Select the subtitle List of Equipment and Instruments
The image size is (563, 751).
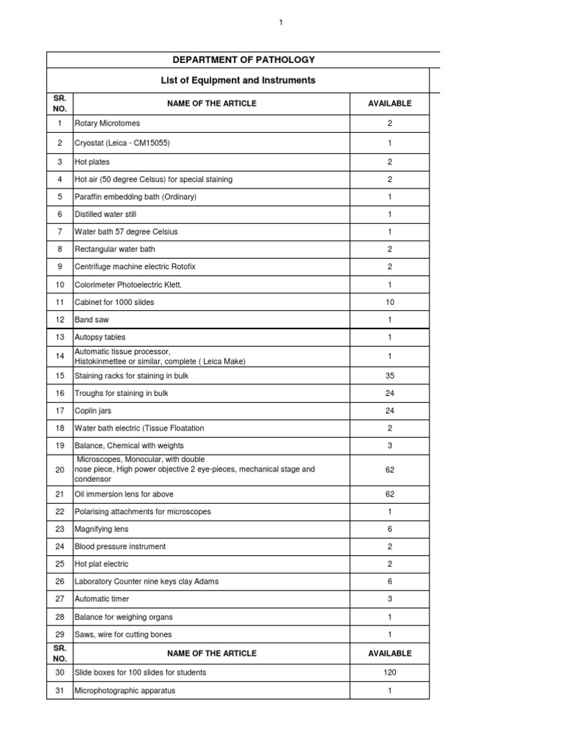click(x=238, y=80)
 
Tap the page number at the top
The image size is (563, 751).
click(x=281, y=23)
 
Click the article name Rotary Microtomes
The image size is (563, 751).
click(x=107, y=124)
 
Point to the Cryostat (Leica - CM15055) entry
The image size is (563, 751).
click(x=122, y=143)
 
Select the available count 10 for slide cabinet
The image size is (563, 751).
click(x=390, y=302)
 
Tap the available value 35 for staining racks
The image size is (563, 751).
click(x=390, y=375)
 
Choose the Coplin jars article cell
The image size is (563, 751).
click(x=93, y=411)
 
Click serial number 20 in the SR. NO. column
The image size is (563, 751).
click(x=59, y=469)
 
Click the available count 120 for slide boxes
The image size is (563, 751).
click(x=390, y=673)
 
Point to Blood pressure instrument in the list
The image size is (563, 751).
click(x=121, y=546)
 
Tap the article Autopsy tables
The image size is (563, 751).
click(x=100, y=337)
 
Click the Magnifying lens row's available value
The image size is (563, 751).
click(x=390, y=529)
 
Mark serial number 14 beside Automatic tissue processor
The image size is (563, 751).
click(x=59, y=356)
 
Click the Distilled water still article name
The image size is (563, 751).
click(x=106, y=214)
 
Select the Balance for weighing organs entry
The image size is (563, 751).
click(x=123, y=617)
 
